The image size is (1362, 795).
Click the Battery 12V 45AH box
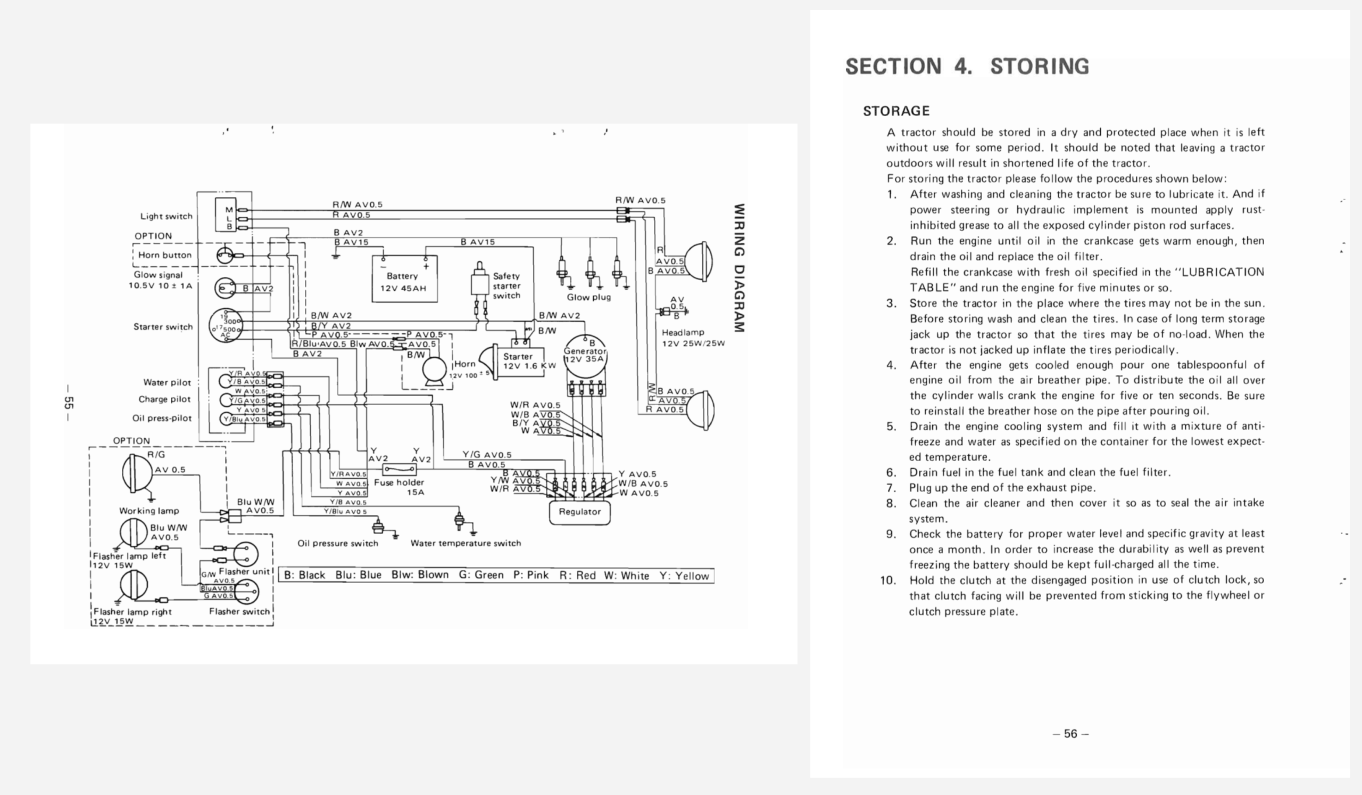click(404, 279)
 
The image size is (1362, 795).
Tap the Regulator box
click(579, 512)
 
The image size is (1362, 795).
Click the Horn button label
click(165, 255)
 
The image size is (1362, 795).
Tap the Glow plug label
click(588, 298)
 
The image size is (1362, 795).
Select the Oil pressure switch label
click(338, 544)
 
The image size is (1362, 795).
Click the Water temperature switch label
click(466, 544)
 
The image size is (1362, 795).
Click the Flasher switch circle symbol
click(246, 591)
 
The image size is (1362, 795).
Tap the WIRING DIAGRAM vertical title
click(740, 268)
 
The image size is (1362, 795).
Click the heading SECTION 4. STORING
click(967, 67)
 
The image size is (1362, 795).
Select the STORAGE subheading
click(896, 111)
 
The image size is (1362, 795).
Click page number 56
click(1070, 734)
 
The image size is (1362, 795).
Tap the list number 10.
click(888, 581)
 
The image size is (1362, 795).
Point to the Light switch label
click(166, 216)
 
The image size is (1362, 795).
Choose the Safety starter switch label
click(506, 285)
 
